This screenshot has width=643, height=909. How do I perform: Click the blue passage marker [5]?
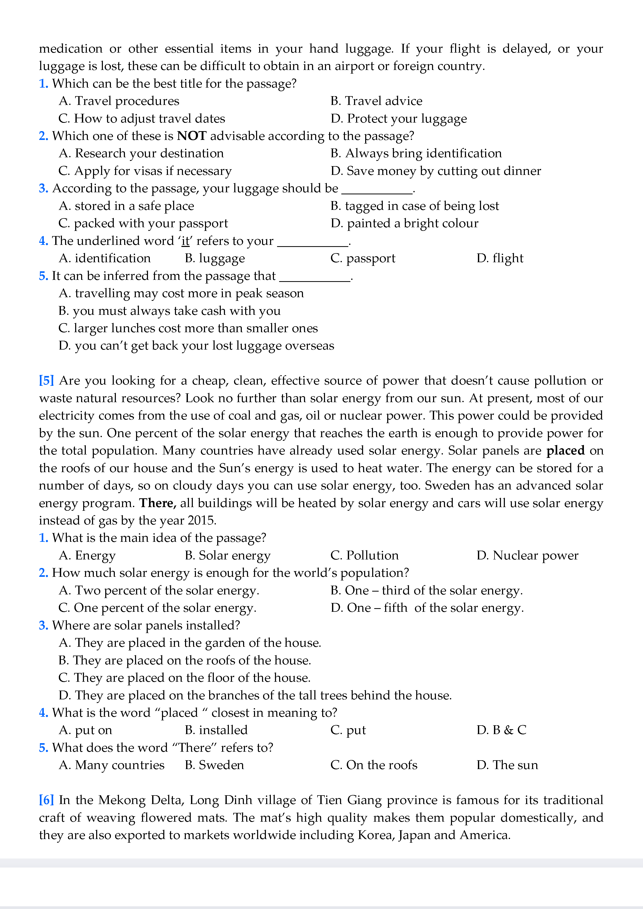pos(46,380)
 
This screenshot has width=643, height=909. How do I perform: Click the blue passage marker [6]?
pos(46,800)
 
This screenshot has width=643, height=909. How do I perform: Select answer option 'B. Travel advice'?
pos(376,101)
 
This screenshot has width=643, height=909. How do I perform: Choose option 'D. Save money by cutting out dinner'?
pos(435,171)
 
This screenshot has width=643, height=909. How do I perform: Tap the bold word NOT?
pos(192,136)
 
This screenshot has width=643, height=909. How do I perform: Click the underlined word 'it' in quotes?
pos(185,241)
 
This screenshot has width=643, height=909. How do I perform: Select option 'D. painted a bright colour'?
pos(404,224)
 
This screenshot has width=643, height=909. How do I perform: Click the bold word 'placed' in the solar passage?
pos(566,451)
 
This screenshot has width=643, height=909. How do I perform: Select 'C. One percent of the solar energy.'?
pos(157,608)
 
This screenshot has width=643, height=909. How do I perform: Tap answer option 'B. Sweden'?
pos(214,765)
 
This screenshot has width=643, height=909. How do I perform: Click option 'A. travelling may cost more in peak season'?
pos(181,293)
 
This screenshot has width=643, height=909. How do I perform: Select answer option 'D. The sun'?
pos(507,765)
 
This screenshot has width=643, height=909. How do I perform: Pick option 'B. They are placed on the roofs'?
pos(185,660)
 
